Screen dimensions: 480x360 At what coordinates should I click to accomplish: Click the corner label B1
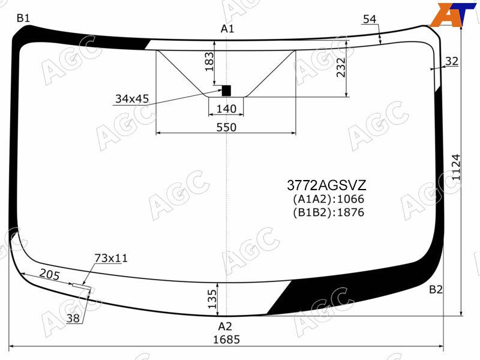(x=23, y=19)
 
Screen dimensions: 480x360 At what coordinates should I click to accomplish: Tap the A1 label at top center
(x=227, y=29)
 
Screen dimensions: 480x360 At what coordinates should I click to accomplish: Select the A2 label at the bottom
(x=225, y=326)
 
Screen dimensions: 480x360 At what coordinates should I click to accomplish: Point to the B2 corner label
(x=436, y=289)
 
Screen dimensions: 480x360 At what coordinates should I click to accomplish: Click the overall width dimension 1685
(x=226, y=340)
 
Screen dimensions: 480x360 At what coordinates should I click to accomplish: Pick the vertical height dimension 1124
(x=456, y=167)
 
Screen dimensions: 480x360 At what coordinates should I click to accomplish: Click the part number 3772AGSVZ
(x=326, y=185)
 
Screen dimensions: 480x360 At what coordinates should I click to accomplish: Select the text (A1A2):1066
(x=328, y=199)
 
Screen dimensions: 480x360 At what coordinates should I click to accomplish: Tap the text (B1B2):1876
(x=328, y=212)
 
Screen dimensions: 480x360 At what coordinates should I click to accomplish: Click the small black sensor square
(x=226, y=91)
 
